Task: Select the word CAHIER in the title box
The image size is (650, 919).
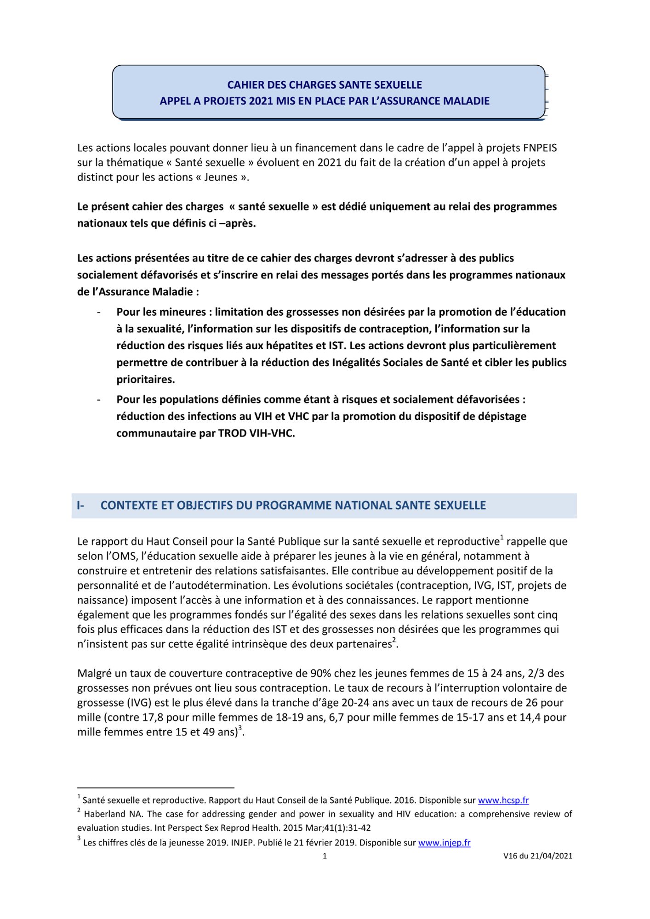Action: pos(244,85)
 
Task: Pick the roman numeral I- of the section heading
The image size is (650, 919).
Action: pos(81,505)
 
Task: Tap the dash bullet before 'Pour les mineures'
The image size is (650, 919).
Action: pos(99,312)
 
